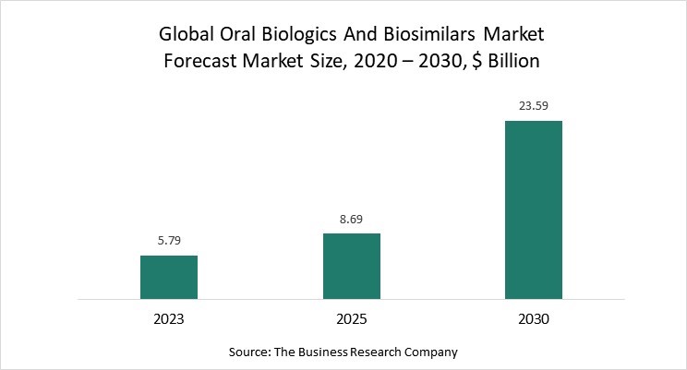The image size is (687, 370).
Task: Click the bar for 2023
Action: pyautogui.click(x=169, y=277)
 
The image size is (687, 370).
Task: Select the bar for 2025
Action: pyautogui.click(x=351, y=266)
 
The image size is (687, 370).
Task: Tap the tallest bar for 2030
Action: pyautogui.click(x=534, y=209)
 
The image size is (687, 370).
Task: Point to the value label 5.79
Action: pyautogui.click(x=169, y=241)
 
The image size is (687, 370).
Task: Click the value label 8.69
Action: pyautogui.click(x=351, y=219)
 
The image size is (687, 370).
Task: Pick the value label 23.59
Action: pyautogui.click(x=534, y=106)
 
